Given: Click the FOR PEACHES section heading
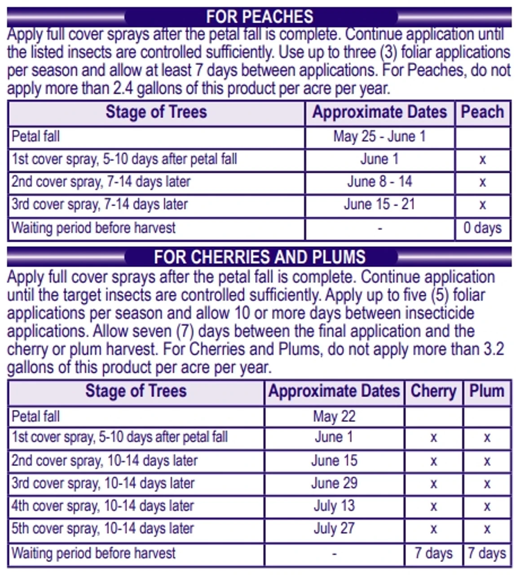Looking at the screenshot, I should point(260,17).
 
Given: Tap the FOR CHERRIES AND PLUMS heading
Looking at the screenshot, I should point(260,257).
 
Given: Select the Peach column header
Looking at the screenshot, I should point(482,112).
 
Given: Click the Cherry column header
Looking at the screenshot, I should point(433,391).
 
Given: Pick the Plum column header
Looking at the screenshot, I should point(487,391).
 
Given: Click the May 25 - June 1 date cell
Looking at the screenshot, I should point(379,137).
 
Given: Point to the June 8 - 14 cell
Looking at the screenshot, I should point(379,182).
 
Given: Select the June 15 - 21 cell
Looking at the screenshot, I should point(379,204).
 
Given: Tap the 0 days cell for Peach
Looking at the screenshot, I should point(482,228).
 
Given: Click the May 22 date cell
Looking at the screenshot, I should point(334,416).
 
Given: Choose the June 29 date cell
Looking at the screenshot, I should point(334,483).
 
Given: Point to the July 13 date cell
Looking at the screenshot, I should point(334,506).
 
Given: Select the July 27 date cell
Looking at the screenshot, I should point(334,528).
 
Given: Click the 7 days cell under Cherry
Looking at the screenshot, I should point(433,553).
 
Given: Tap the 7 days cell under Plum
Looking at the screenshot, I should point(487,553).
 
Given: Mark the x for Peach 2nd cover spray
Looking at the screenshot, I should point(482,182).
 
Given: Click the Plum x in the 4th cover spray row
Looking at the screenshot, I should point(487,507).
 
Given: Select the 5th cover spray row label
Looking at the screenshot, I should point(102,528).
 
